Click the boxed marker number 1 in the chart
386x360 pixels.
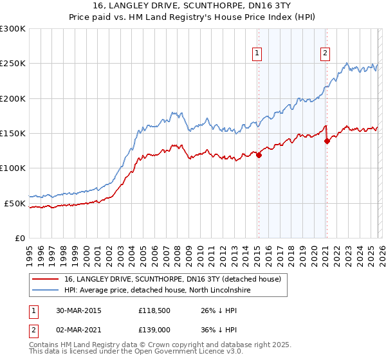(257, 53)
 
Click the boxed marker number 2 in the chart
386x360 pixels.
(326, 53)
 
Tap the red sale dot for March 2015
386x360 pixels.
(259, 155)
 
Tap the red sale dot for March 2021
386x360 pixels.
(327, 141)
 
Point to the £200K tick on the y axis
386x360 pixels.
(13, 99)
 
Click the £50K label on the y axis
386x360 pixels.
(15, 203)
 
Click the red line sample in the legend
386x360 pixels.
(45, 280)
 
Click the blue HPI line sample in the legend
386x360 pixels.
(45, 291)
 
